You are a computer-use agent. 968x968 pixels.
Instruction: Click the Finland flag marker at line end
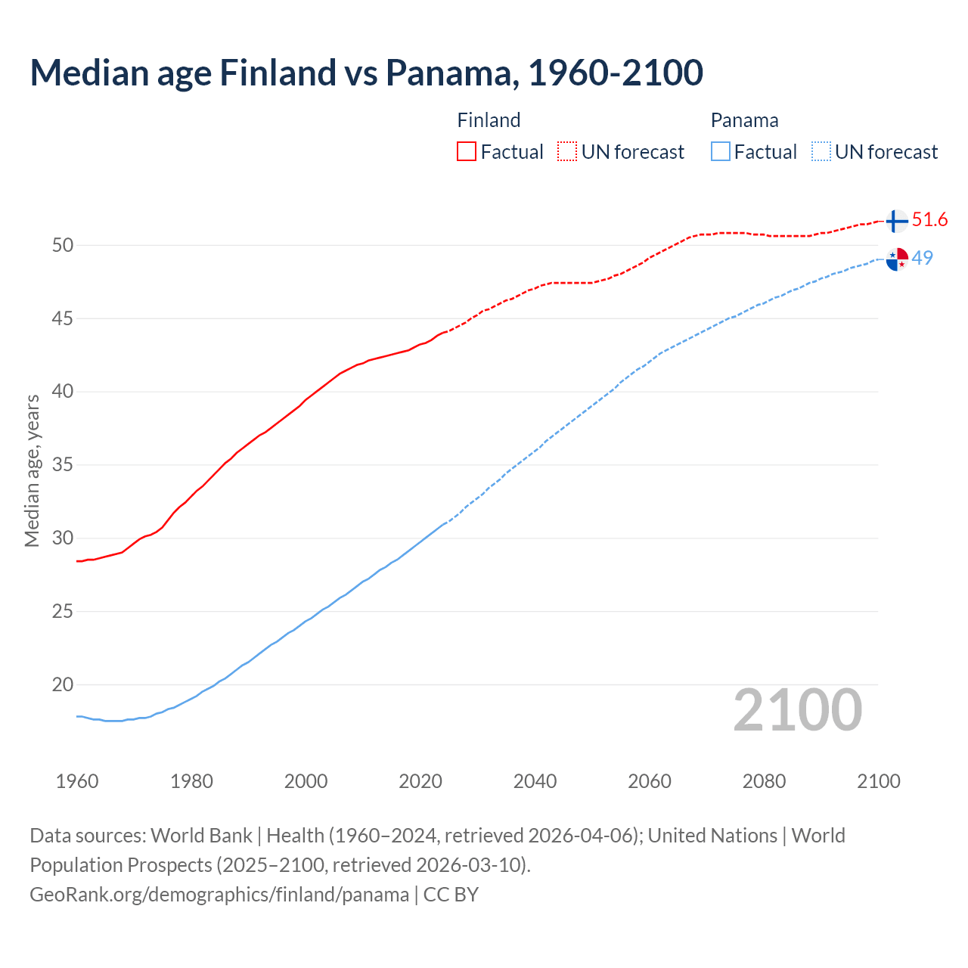tap(896, 221)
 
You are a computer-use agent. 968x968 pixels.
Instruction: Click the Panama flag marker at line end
tap(896, 259)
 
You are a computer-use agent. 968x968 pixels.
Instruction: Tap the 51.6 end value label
tap(929, 220)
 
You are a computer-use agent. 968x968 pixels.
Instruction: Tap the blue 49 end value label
tap(922, 258)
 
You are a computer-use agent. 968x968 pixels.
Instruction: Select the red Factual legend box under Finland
tap(467, 151)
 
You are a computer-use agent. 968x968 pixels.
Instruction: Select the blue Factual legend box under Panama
tap(721, 151)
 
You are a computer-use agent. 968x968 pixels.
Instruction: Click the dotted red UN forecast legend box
tap(567, 151)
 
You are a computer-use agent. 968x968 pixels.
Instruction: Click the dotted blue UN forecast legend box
tap(821, 151)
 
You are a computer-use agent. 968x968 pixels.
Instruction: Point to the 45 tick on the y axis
tap(63, 318)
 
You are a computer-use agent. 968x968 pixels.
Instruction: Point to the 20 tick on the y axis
tap(63, 684)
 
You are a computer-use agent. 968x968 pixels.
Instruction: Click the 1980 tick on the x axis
tap(191, 781)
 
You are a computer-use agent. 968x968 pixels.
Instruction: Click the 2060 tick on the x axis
tap(650, 781)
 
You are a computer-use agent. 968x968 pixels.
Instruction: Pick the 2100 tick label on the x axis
tap(878, 781)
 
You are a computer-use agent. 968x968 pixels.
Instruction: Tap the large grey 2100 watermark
tap(797, 709)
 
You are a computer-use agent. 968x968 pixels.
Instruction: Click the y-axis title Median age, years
tap(32, 470)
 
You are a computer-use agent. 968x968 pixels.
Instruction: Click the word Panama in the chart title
tap(451, 73)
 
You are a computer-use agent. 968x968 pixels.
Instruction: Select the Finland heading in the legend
tap(489, 120)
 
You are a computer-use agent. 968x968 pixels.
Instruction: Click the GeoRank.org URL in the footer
tap(219, 894)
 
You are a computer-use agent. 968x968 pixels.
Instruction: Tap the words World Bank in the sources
tap(201, 835)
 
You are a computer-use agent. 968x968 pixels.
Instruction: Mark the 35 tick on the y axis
tap(63, 464)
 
